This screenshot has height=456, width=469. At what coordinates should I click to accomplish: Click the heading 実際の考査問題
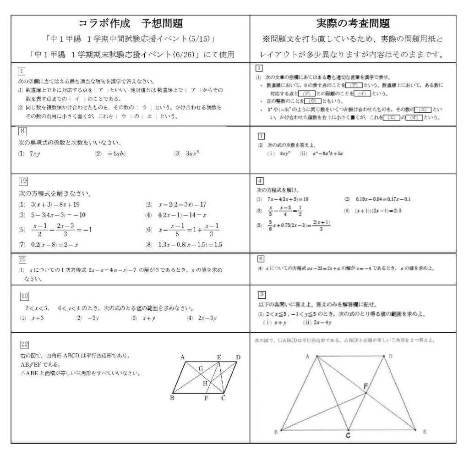click(353, 23)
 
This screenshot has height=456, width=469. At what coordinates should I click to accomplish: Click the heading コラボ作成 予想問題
click(131, 23)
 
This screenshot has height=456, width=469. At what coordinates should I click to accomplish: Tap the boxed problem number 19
click(23, 180)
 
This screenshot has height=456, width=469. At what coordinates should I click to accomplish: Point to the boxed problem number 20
click(22, 259)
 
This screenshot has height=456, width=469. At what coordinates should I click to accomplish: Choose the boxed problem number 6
click(261, 258)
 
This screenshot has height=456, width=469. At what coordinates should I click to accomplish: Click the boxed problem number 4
click(260, 180)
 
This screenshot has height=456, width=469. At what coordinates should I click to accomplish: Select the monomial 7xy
click(35, 153)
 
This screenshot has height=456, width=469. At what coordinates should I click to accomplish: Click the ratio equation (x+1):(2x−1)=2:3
click(378, 211)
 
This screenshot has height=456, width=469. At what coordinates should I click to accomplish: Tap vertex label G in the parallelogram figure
click(200, 368)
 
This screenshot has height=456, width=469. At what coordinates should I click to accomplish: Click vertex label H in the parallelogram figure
click(205, 383)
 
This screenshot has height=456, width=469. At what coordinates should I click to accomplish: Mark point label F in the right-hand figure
click(365, 386)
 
